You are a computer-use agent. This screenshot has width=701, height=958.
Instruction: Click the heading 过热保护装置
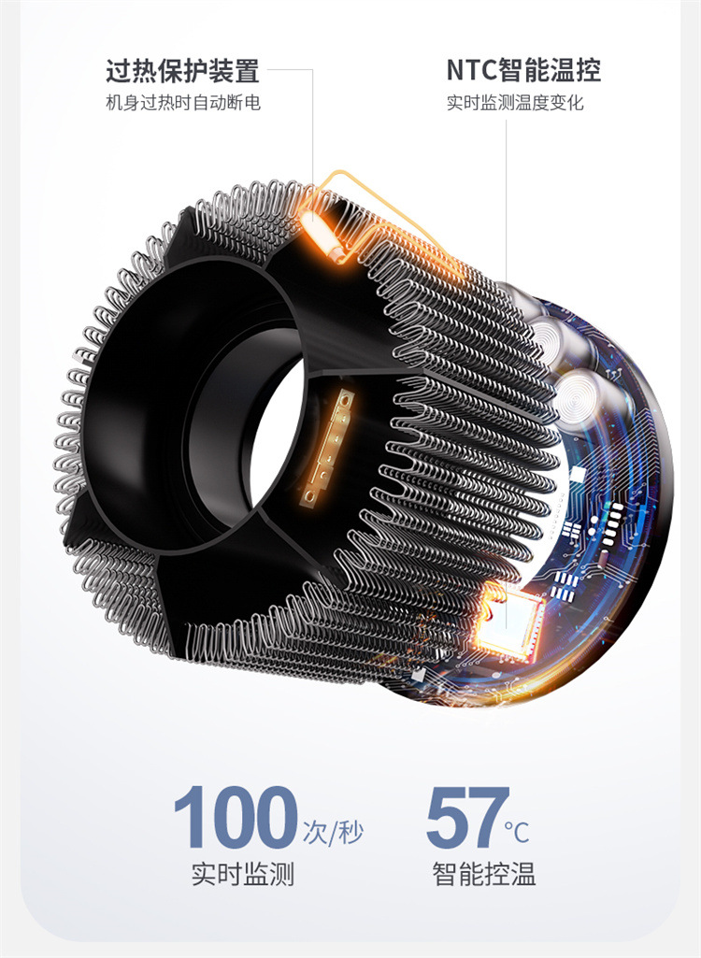(x=183, y=71)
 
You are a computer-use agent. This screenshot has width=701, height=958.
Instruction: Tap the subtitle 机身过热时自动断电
(x=183, y=102)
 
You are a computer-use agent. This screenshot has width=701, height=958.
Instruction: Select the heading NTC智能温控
(x=523, y=70)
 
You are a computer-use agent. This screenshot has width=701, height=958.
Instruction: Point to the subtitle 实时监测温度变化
(x=515, y=102)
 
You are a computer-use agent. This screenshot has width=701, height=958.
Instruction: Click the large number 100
(x=236, y=817)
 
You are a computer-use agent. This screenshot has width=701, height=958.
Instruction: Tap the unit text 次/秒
(x=333, y=832)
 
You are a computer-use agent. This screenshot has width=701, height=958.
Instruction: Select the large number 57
(x=467, y=818)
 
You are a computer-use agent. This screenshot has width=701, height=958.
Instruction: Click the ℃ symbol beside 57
(x=517, y=832)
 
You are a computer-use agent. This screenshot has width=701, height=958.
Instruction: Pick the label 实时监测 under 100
(x=243, y=874)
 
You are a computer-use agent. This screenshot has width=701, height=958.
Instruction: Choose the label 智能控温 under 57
(x=484, y=874)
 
